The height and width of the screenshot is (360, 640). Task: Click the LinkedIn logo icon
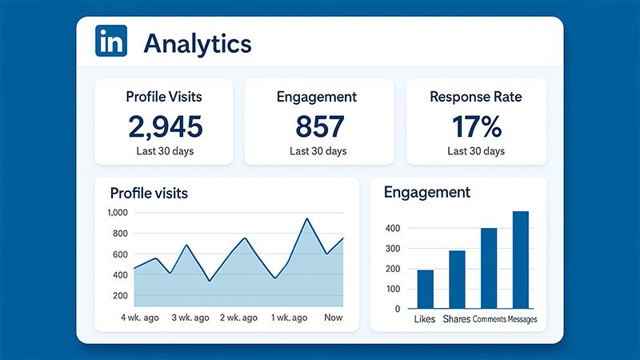point(110,41)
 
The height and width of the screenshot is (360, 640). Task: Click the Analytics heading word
point(197,43)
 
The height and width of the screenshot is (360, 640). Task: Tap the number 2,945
point(164,126)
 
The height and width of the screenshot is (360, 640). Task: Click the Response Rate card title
point(475,98)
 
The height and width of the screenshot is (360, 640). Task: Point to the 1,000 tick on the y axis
point(117,213)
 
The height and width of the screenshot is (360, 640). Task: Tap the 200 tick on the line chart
point(120,296)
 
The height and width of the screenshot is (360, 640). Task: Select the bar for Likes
point(426,289)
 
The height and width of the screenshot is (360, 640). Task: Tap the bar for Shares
point(457,279)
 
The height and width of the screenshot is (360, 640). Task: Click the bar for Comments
point(489,268)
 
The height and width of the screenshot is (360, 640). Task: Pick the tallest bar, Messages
point(521,259)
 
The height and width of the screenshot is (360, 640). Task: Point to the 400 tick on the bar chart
point(391,228)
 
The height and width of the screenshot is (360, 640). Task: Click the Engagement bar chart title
point(427,192)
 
